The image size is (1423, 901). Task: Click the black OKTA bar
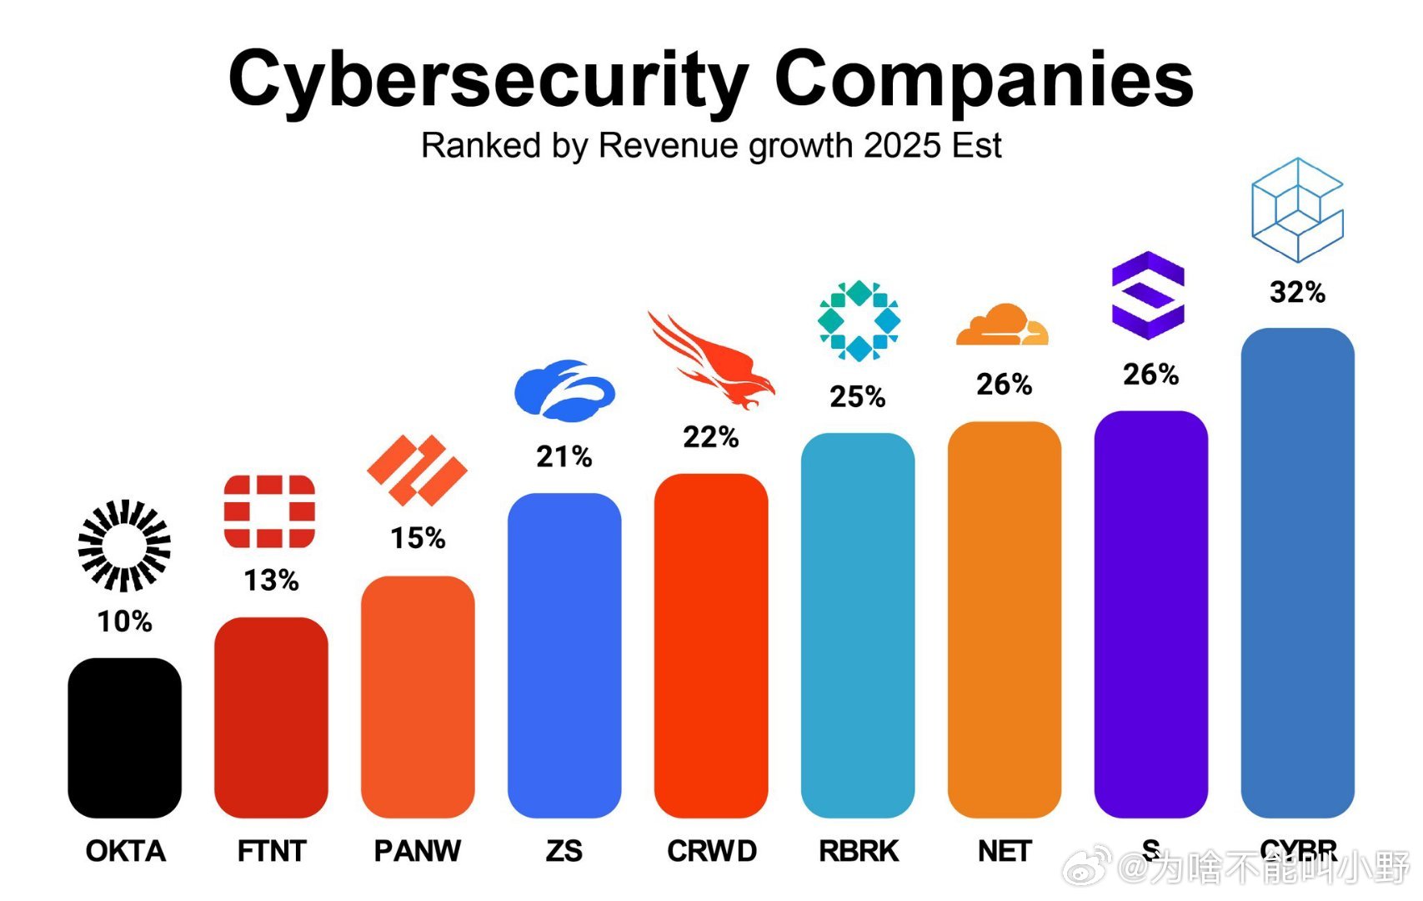pos(124,737)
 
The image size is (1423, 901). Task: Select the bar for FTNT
pos(271,717)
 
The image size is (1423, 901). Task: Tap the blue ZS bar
pos(564,656)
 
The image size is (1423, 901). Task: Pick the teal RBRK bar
pos(858,626)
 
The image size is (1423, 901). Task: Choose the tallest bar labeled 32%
pos(1298,573)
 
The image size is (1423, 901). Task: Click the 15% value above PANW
pos(418,539)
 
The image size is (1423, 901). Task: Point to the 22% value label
pos(711,437)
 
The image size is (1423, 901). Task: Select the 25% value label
pos(858,397)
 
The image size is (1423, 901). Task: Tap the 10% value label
pos(124,622)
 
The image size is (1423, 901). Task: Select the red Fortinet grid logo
pos(269,511)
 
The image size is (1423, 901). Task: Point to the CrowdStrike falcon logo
pos(712,360)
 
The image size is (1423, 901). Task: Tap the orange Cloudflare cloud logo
pos(1002,325)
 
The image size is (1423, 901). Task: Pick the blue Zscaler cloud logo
pos(564,390)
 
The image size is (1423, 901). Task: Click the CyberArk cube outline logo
pos(1297,210)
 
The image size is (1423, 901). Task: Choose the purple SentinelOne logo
pos(1149,295)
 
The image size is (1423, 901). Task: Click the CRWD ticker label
pos(712,851)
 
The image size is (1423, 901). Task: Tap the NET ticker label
pos(1005,851)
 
